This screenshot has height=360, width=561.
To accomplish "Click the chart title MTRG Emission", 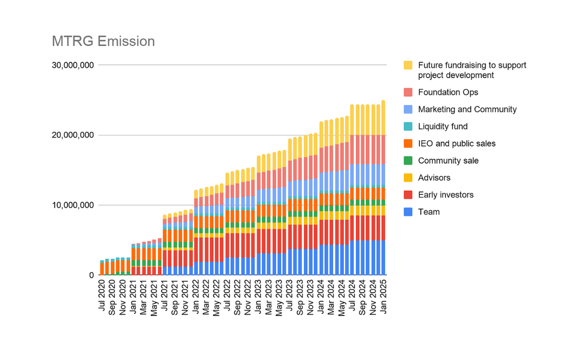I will coord(103,41).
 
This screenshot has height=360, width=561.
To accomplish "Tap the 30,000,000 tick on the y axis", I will coord(72,65).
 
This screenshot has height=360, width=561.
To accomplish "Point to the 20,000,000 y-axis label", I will coord(72,135).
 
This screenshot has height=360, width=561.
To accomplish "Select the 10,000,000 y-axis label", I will coord(72,205).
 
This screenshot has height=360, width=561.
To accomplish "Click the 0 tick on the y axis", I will coord(92,275).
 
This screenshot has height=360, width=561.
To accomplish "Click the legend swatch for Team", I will coord(409,212).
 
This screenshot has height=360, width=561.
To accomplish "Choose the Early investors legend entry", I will coord(446,195).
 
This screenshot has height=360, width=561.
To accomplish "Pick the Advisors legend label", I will coord(434,178).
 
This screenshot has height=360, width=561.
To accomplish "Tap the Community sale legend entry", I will coord(448,161).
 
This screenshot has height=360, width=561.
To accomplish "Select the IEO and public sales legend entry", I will coord(457,144).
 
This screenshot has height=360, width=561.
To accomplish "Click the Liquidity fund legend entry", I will coord(443,127).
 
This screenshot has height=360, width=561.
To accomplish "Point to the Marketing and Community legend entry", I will coord(467,109).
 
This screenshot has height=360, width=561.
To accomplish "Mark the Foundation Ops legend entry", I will coord(448,92).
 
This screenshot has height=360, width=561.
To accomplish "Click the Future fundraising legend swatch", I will coord(409,65).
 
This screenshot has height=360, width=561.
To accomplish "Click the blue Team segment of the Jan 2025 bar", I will coord(384,258).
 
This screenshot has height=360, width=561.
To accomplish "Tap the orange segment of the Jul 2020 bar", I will coord(102,269).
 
